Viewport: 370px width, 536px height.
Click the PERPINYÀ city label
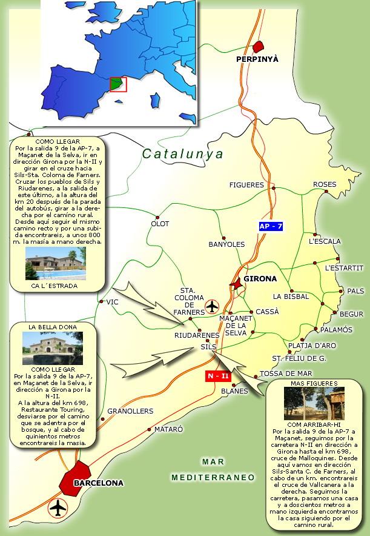coord(257,59)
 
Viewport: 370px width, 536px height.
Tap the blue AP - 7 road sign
coord(271,226)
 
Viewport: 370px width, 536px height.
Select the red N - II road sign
coord(218,377)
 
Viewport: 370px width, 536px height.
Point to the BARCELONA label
coord(98,483)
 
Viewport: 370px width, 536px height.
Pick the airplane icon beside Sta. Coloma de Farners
coord(212,306)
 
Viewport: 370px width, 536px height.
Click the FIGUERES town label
coord(246,185)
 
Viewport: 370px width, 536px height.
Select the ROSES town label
coord(325,184)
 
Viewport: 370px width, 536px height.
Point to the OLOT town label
coord(160,224)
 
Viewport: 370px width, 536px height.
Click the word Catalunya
coord(183,155)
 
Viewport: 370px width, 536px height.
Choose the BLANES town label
coord(234,391)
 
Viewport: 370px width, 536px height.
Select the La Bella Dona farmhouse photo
coord(52,348)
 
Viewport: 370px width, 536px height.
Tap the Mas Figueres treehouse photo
coord(314,403)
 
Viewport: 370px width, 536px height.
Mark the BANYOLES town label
coord(226,244)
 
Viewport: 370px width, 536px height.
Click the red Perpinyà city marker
coord(259,47)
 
